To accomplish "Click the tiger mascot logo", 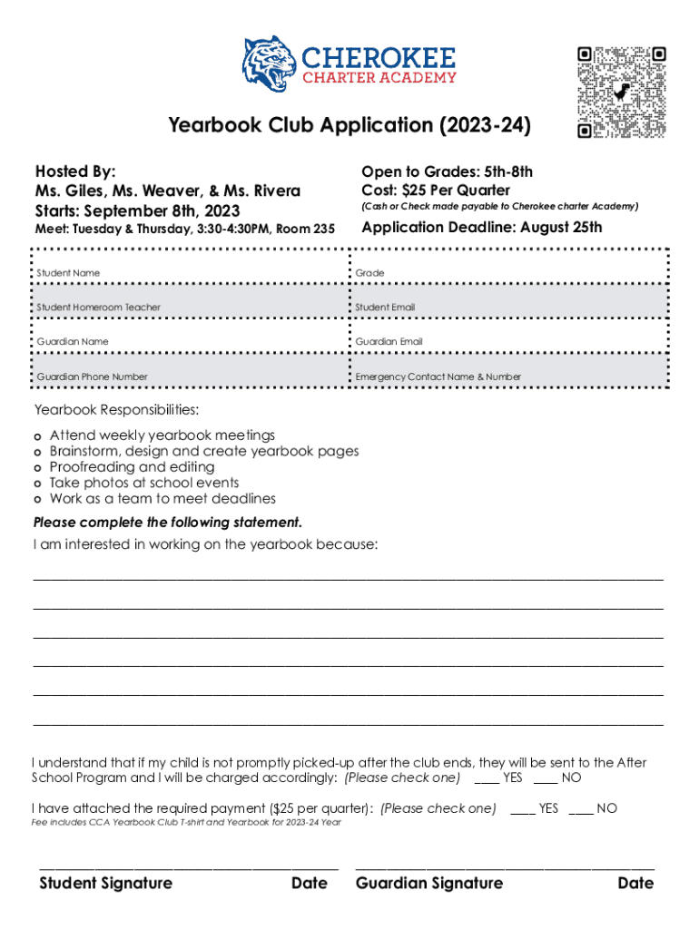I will click(270, 64).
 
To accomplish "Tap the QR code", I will click(622, 92).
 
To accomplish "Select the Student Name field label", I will click(68, 273).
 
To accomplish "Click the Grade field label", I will click(370, 273).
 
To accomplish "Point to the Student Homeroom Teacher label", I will click(99, 308).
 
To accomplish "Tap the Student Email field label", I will click(386, 308).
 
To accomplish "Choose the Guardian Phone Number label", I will click(93, 376).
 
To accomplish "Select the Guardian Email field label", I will click(389, 342).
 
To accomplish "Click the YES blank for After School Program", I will click(487, 778).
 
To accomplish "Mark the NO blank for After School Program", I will click(546, 778).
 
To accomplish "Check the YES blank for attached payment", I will click(523, 808).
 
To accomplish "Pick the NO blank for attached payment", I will click(581, 808).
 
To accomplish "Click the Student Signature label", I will click(105, 884).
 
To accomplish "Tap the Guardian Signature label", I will click(429, 884).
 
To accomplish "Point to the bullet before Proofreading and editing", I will click(37, 467).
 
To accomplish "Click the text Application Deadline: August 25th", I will click(481, 228).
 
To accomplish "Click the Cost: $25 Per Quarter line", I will click(436, 191).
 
